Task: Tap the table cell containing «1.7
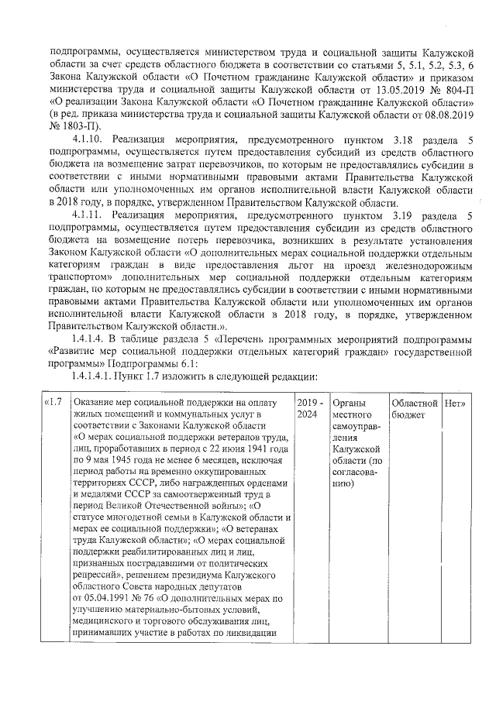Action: pyautogui.click(x=55, y=404)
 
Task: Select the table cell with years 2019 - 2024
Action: pyautogui.click(x=308, y=409)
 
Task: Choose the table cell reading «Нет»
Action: pyautogui.click(x=455, y=404)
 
